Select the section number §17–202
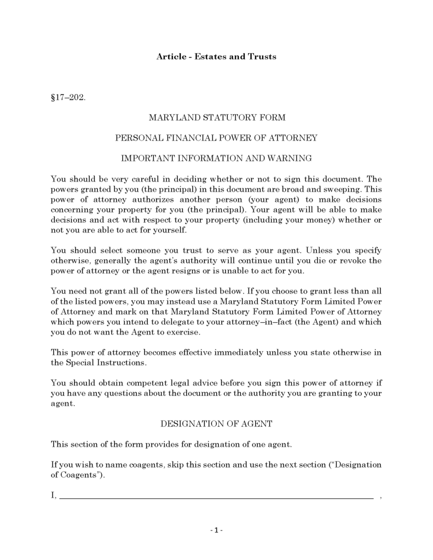(x=68, y=98)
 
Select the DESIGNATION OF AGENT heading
(x=216, y=424)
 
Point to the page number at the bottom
(x=216, y=530)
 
